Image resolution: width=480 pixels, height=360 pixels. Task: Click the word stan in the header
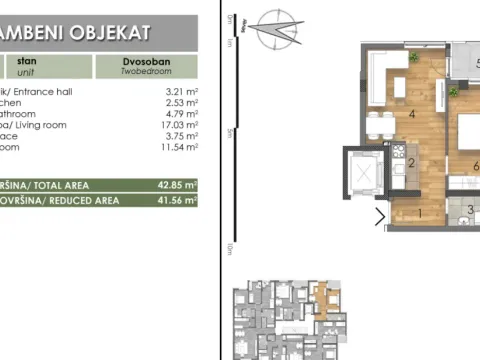[x=26, y=60]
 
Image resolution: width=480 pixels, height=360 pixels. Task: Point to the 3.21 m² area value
[x=178, y=90]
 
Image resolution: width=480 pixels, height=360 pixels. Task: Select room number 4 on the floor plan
[x=411, y=114]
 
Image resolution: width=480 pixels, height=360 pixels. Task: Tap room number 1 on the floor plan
[x=420, y=212]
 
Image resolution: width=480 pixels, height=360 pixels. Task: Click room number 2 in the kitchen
[x=410, y=162]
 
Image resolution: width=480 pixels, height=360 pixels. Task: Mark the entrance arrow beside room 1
[x=380, y=215]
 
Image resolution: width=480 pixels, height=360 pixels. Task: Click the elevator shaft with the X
[x=363, y=169]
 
